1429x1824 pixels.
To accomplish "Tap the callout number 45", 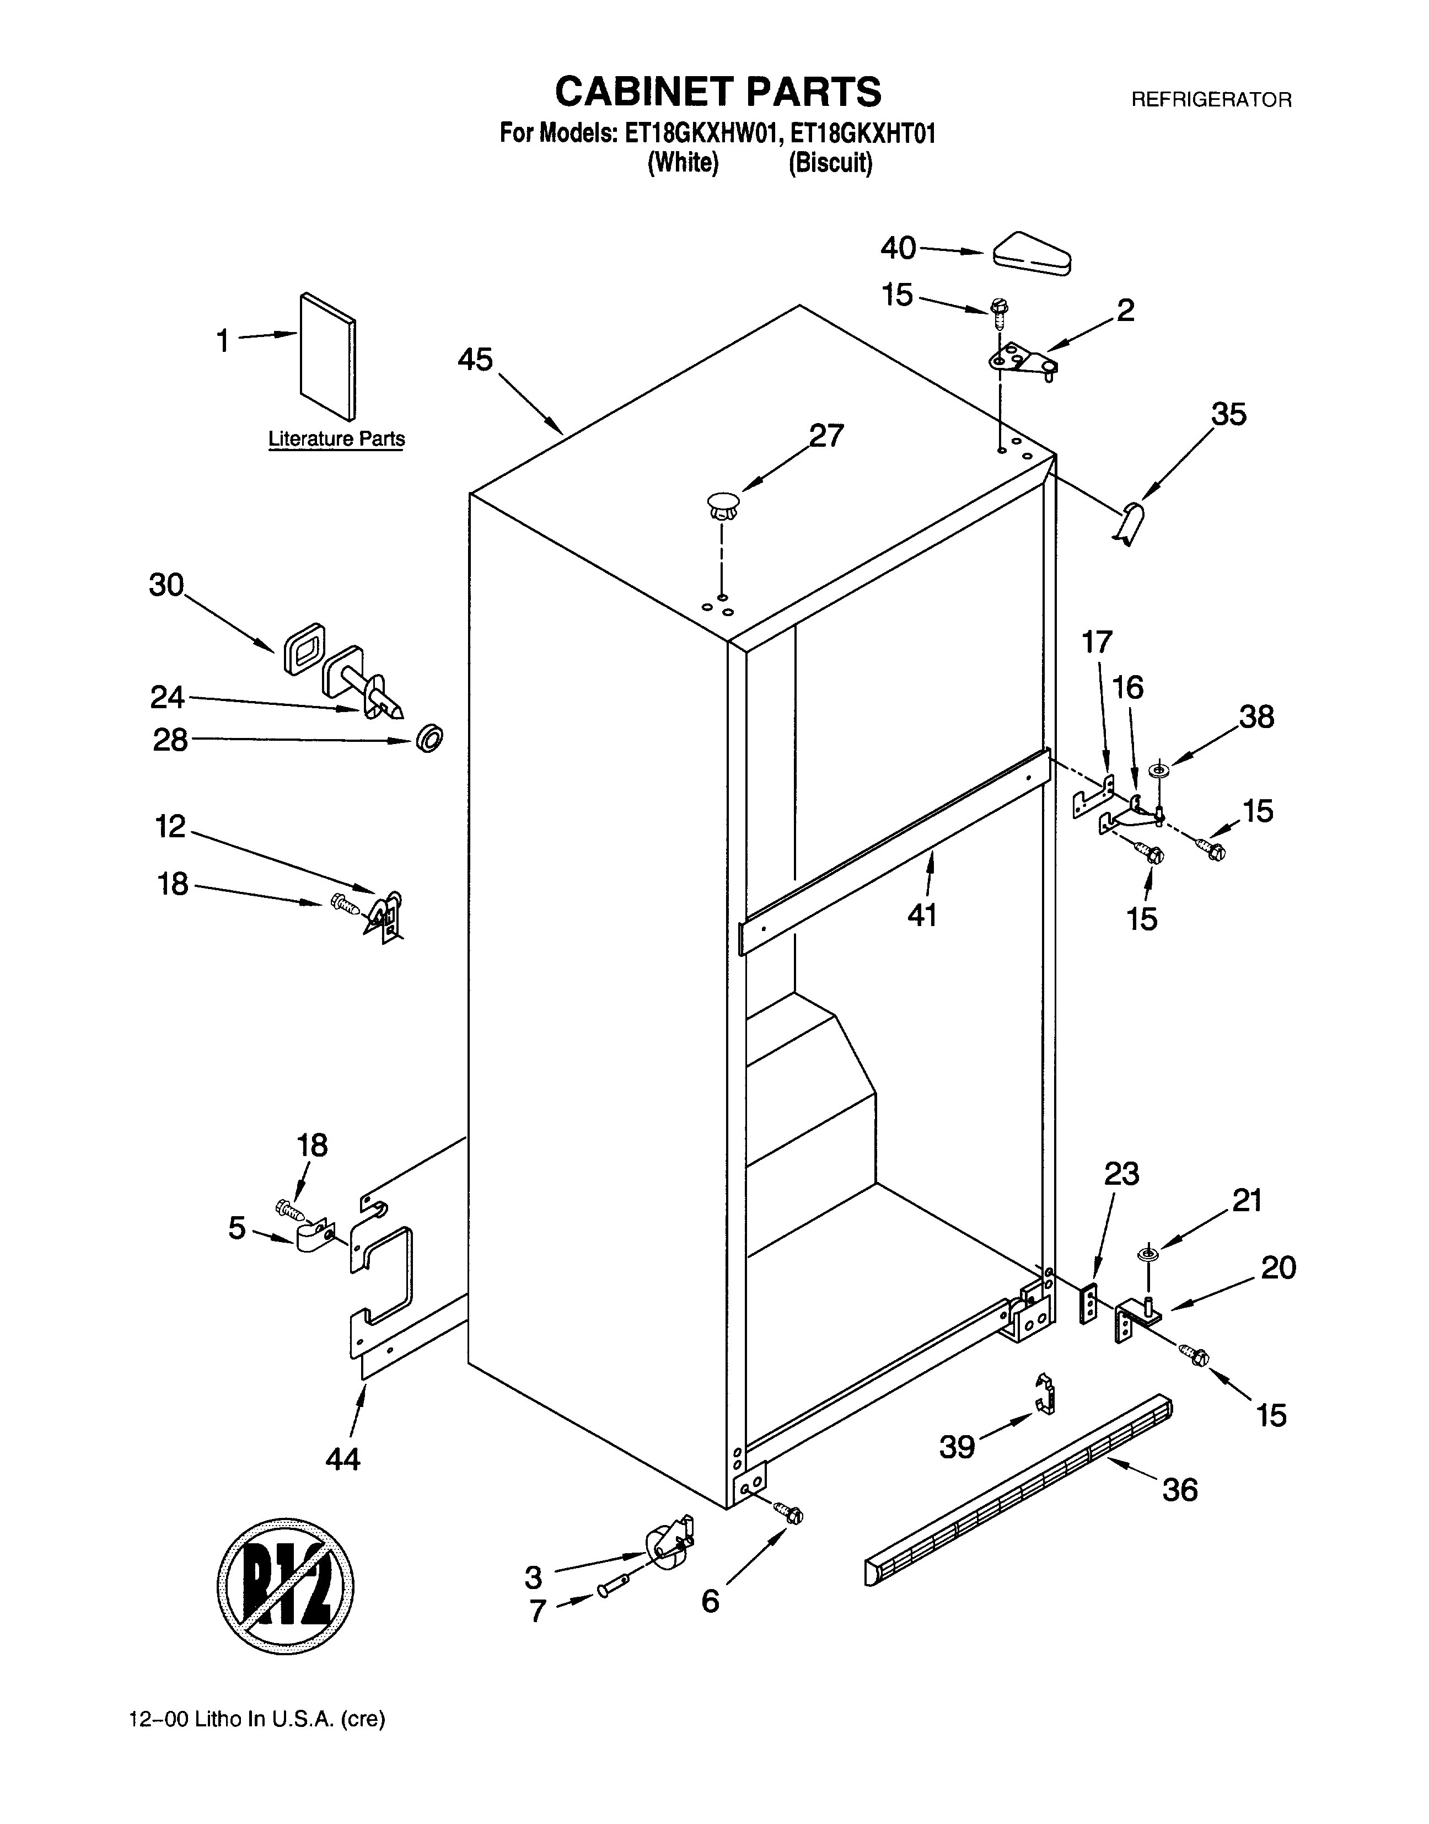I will [475, 360].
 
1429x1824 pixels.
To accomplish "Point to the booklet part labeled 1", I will [327, 357].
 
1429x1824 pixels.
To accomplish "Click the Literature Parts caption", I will [336, 438].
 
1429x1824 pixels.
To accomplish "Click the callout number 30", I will [166, 585].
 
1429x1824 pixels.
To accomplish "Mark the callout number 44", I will [343, 1458].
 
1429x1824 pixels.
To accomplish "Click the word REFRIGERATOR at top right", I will [1211, 100].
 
